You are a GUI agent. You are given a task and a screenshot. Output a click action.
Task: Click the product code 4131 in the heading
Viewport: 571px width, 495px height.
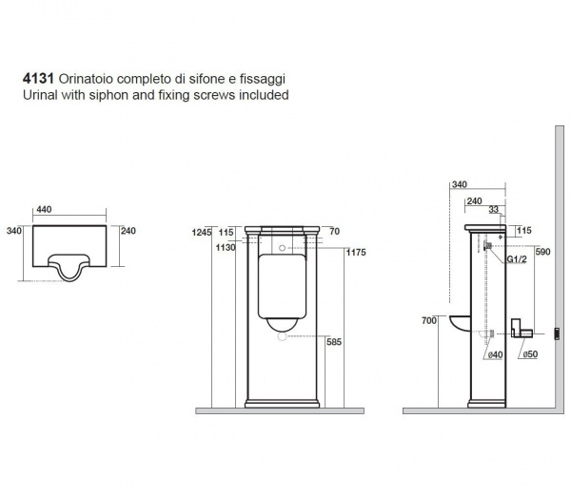[x=38, y=79]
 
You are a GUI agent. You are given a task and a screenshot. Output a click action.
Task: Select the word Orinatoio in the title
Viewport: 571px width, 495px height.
[x=86, y=79]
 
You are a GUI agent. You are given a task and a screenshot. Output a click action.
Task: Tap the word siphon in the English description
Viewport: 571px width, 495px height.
[x=108, y=95]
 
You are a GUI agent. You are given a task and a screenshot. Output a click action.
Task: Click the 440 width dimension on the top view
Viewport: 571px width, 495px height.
[x=44, y=209]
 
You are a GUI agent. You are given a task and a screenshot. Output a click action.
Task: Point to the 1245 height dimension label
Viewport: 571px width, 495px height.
[x=202, y=232]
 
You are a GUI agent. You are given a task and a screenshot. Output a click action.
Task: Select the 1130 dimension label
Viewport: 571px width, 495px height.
[x=226, y=247]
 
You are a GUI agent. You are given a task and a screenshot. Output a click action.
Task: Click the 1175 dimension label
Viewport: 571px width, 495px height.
[x=356, y=252]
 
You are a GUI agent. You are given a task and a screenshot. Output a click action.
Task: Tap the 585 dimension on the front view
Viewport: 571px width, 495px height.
[x=334, y=342]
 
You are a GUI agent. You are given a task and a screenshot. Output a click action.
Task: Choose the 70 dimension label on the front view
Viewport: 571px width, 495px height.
[x=334, y=231]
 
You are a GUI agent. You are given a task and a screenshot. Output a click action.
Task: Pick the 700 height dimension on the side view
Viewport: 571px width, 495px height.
[x=429, y=320]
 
